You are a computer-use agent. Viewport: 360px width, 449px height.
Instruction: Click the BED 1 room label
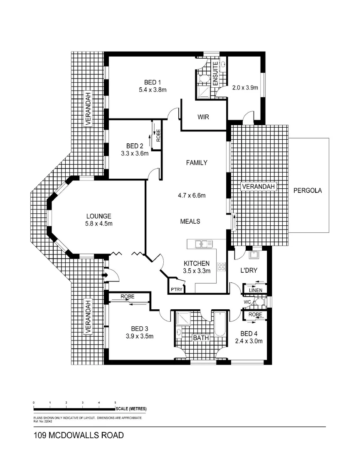point(153,81)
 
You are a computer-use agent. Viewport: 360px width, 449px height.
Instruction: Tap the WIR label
point(203,117)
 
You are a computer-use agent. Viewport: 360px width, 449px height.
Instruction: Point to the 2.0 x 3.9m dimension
point(245,88)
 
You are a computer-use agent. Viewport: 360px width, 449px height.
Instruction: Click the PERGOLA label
point(308,191)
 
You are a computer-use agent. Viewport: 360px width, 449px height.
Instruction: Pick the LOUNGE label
point(99,216)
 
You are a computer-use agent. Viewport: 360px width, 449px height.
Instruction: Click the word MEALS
point(190,221)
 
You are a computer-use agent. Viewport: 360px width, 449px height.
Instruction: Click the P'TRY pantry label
point(174,290)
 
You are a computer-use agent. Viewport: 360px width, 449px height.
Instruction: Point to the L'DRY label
point(249,271)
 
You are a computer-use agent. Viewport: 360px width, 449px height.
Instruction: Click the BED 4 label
point(249,333)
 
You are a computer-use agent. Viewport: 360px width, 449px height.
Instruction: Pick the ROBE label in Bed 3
point(128,297)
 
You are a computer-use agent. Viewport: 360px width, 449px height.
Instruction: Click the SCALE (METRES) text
point(132,409)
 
